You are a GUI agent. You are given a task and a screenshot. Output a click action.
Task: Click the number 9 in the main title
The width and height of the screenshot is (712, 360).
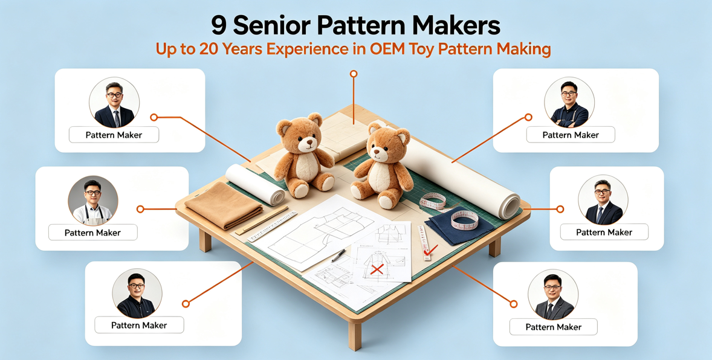218,27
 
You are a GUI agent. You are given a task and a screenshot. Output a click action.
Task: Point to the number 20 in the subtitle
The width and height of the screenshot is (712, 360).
209,49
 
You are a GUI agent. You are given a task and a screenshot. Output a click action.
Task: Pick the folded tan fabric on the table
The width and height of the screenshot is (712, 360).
224,205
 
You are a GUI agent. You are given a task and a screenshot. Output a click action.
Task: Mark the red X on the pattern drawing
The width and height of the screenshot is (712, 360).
377,270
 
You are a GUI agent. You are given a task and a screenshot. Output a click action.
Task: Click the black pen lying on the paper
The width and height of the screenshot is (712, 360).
338,256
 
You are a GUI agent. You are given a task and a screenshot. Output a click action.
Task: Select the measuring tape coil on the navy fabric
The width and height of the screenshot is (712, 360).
464,220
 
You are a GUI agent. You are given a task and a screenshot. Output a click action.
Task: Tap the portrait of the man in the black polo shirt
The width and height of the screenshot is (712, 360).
137,294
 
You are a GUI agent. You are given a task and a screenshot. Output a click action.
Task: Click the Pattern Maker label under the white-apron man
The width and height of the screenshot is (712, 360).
92,233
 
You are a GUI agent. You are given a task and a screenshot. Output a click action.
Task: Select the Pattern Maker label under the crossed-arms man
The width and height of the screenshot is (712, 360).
571,135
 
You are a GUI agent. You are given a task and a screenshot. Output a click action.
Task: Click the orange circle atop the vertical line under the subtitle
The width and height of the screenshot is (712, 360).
354,74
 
